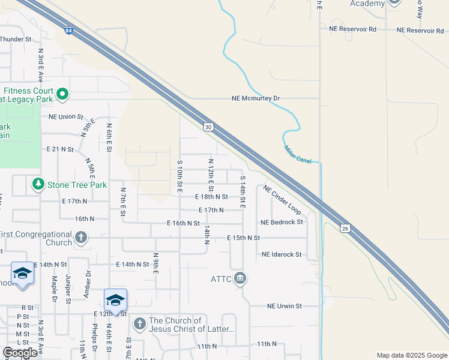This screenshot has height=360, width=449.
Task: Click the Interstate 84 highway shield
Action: (x=69, y=31)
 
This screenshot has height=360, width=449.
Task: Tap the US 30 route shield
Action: (x=208, y=127)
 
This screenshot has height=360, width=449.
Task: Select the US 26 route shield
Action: (x=344, y=228)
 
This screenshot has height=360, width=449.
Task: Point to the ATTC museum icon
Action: (x=240, y=278)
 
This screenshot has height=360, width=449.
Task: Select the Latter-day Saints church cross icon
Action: (x=139, y=325)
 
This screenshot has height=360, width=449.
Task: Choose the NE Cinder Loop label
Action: (x=282, y=199)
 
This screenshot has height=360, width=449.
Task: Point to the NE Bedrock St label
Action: (x=282, y=222)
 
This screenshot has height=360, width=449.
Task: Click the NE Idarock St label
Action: (x=282, y=254)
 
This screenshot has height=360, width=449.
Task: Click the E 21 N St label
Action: (x=60, y=149)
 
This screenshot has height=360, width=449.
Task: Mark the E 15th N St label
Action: (x=243, y=238)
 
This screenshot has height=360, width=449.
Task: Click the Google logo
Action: (x=20, y=353)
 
